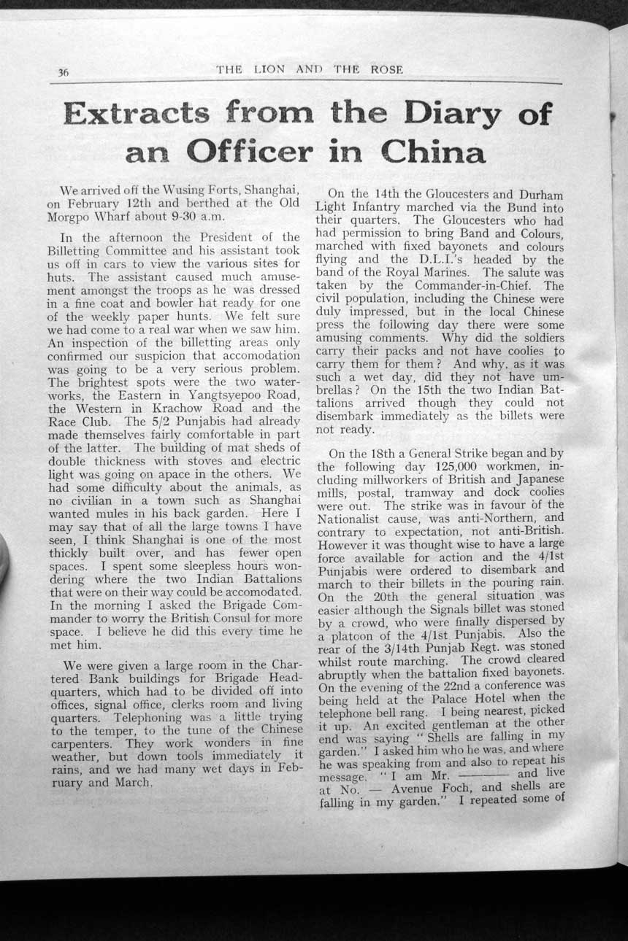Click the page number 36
pyautogui.click(x=62, y=71)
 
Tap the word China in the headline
pyautogui.click(x=433, y=152)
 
